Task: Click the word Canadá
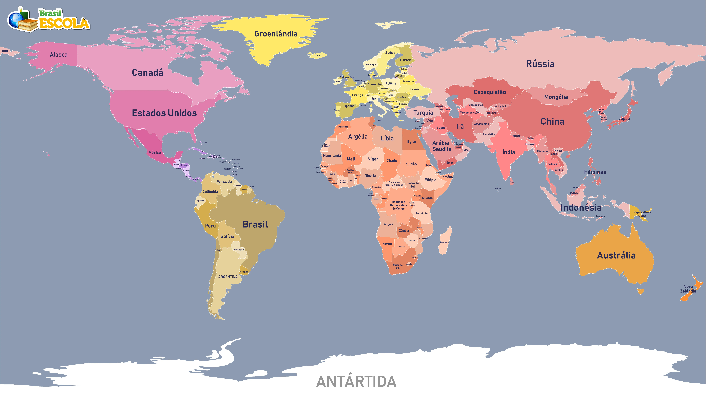point(147,73)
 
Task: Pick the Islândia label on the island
point(318,55)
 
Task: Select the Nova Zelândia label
point(688,289)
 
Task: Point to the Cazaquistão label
point(490,92)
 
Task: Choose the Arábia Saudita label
point(442,146)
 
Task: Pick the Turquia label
point(423,113)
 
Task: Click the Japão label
point(624,118)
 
